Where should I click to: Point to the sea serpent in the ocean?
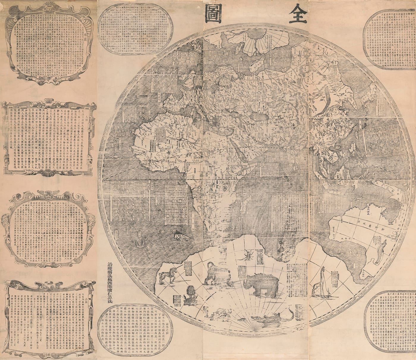tap(139, 243)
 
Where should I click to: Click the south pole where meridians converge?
tap(254, 330)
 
